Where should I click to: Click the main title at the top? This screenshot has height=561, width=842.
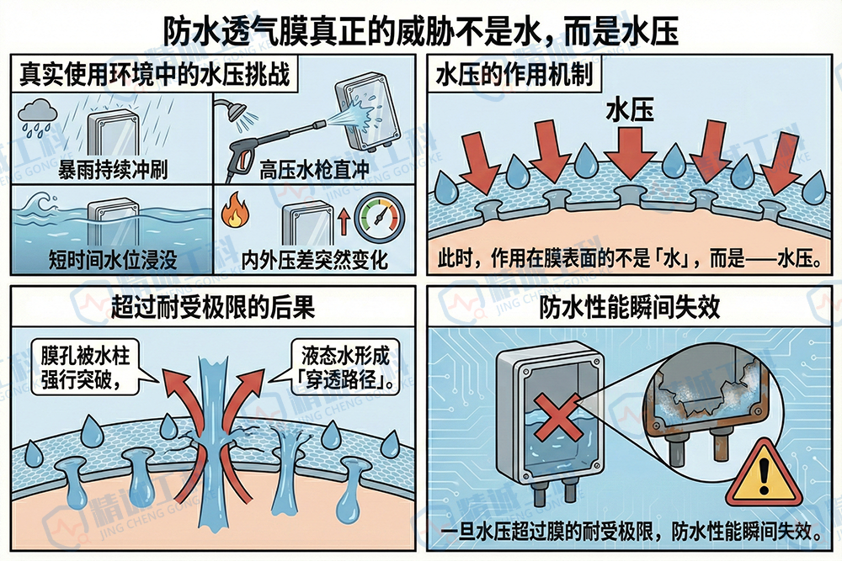pos(420,31)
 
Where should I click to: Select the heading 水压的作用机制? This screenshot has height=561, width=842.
pos(514,76)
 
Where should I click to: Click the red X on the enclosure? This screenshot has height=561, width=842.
pos(546,421)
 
